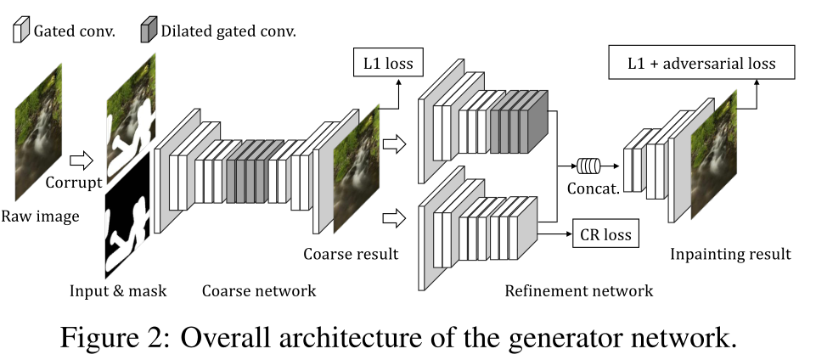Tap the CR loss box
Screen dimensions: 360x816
click(605, 233)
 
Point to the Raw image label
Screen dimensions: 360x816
click(40, 217)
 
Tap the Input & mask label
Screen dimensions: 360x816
click(118, 291)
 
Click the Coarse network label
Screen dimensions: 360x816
click(259, 291)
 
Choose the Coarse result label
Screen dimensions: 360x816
click(351, 254)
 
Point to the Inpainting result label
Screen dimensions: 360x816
click(730, 254)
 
